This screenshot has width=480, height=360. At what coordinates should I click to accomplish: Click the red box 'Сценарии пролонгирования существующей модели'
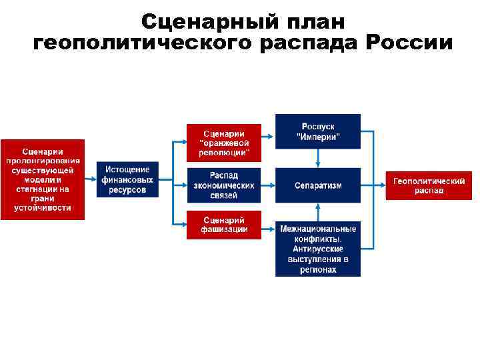pos(43,179)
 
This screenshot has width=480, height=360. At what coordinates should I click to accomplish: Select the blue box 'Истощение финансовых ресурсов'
pos(127,179)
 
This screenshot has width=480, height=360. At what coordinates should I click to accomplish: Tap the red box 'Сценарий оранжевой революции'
pos(224,143)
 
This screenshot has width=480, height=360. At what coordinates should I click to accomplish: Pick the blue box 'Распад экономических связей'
pos(224,185)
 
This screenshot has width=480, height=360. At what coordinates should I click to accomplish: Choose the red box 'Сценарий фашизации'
pos(224,225)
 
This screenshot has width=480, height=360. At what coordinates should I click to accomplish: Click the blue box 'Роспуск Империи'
pos(318,131)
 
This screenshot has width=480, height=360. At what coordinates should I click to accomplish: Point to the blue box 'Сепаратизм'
pos(318,185)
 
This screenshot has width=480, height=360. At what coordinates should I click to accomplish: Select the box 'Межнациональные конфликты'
pos(318,248)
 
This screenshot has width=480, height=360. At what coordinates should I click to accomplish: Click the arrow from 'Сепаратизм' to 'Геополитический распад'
pos(373,185)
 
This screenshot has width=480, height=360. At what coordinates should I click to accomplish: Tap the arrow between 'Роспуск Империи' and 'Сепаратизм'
pos(319,158)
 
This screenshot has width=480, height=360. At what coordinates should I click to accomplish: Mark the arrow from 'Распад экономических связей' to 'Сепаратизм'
pos(268,185)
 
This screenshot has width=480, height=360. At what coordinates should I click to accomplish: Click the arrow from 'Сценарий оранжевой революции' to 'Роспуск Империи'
pos(268,136)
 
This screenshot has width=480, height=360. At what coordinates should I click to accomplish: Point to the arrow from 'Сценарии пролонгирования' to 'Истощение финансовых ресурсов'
pos(91,179)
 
